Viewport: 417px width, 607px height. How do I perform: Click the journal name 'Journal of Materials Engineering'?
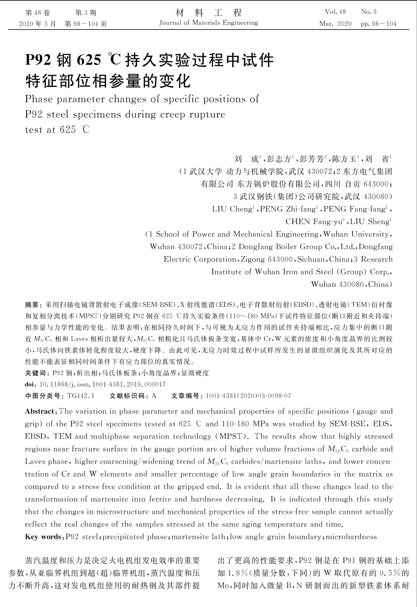208,23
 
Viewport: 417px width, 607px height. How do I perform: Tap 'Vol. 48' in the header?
335,12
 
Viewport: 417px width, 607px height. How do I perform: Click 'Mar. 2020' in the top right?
335,24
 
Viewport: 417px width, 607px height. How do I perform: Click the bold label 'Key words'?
43,537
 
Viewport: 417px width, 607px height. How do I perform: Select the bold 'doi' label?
31,384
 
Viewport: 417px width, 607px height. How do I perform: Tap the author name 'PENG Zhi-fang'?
289,209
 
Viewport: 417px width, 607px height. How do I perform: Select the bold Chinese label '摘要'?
32,305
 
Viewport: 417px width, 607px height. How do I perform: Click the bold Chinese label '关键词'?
36,373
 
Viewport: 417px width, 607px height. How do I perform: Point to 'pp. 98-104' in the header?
378,24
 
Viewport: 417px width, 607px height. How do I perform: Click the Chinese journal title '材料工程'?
208,12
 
